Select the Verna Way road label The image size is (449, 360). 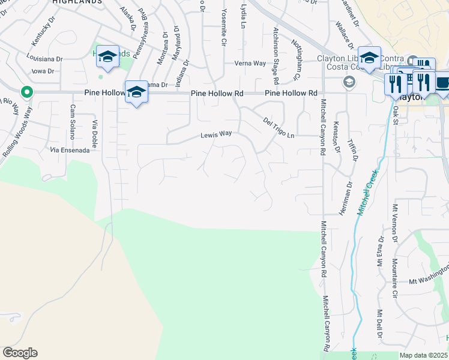(250, 63)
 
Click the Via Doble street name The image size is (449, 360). (94, 131)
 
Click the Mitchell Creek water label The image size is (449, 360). (367, 193)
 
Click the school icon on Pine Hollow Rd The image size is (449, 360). (137, 92)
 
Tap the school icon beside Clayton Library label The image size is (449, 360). (369, 58)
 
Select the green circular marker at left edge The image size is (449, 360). (26, 92)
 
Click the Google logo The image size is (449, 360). (19, 352)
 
